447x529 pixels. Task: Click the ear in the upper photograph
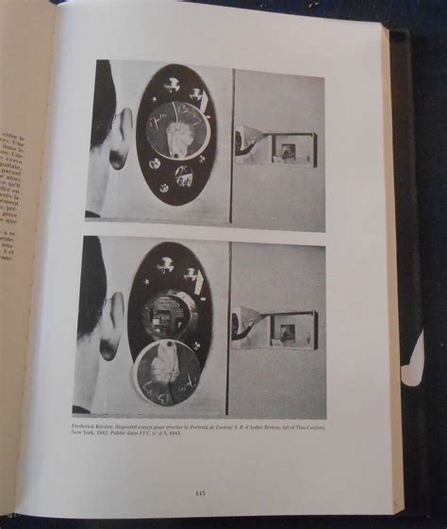pos(120,137)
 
